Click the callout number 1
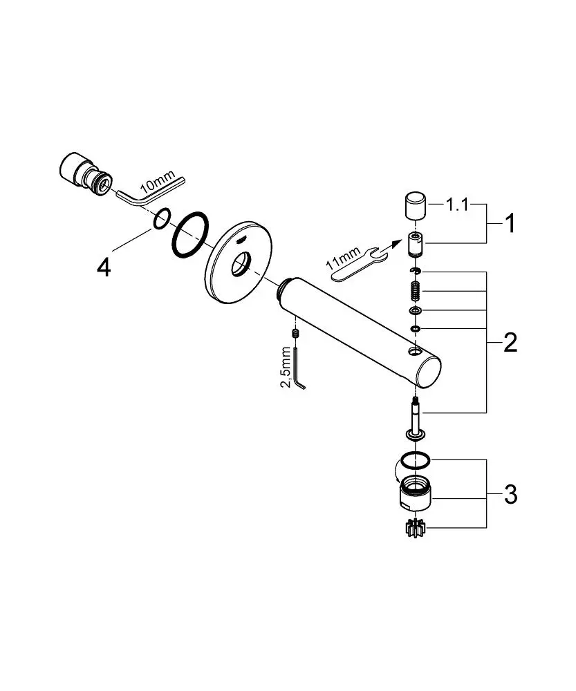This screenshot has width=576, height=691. (x=510, y=223)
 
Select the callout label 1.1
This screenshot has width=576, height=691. (x=457, y=205)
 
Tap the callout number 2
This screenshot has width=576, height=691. (x=510, y=343)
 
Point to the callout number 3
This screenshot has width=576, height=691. (x=511, y=495)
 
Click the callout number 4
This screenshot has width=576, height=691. (x=104, y=267)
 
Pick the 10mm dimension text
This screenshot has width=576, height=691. (x=158, y=182)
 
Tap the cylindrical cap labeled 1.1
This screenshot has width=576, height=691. (x=415, y=205)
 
